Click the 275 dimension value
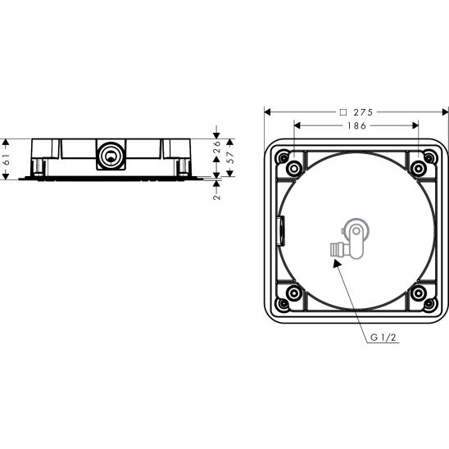363,112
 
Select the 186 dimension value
356,125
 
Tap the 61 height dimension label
7,160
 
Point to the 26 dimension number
217,147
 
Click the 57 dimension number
230,158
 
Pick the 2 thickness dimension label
217,197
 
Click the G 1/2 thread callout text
383,338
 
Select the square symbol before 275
342,112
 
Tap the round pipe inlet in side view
111,156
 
